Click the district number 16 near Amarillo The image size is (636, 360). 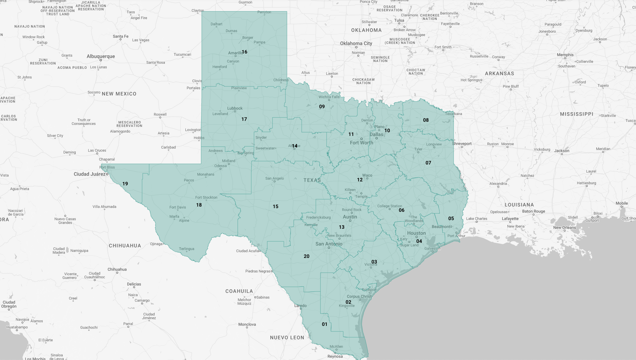coord(244,52)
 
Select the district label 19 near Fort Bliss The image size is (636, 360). coord(125,184)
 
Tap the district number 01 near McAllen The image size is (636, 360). coord(324,324)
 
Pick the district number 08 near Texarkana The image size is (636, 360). coord(426,120)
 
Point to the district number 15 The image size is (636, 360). coord(276,207)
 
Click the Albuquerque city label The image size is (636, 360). coord(101,56)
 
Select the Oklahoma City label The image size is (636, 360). coord(356,43)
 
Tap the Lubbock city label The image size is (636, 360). coord(235,108)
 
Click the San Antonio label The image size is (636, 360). coord(329,244)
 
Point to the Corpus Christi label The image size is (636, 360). coord(359,297)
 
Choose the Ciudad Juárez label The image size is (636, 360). coord(89,174)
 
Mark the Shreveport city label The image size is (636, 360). coord(462,144)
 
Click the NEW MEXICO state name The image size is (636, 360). coord(119,94)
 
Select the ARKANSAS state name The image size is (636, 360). coord(499,73)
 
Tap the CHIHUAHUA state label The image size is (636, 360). coord(125,246)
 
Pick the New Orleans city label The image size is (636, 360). coord(564,227)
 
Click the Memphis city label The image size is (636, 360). coord(565,55)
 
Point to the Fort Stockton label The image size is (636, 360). coord(206,197)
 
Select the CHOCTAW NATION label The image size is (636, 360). coord(415,72)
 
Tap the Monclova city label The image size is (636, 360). coord(247,324)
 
